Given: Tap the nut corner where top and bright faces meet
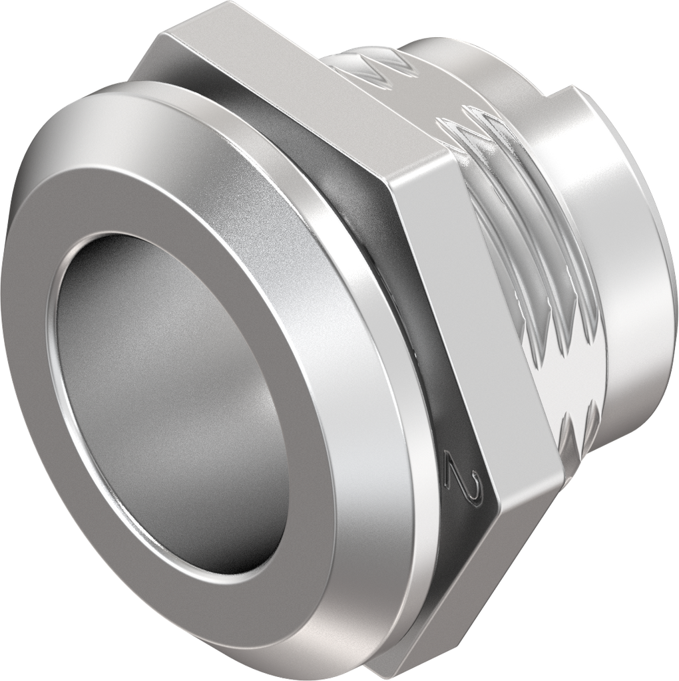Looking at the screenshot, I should (x=393, y=180).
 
